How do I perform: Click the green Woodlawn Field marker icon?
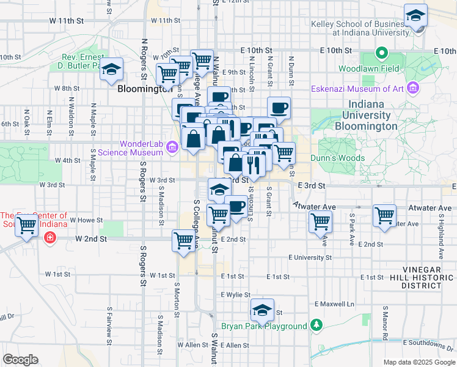click(x=382, y=53)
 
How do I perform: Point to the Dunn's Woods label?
click(x=337, y=158)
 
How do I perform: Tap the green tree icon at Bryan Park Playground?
click(x=315, y=324)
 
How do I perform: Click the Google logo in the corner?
click(x=20, y=359)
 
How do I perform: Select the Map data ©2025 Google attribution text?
click(x=419, y=362)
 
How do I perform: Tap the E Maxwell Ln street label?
click(x=334, y=303)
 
